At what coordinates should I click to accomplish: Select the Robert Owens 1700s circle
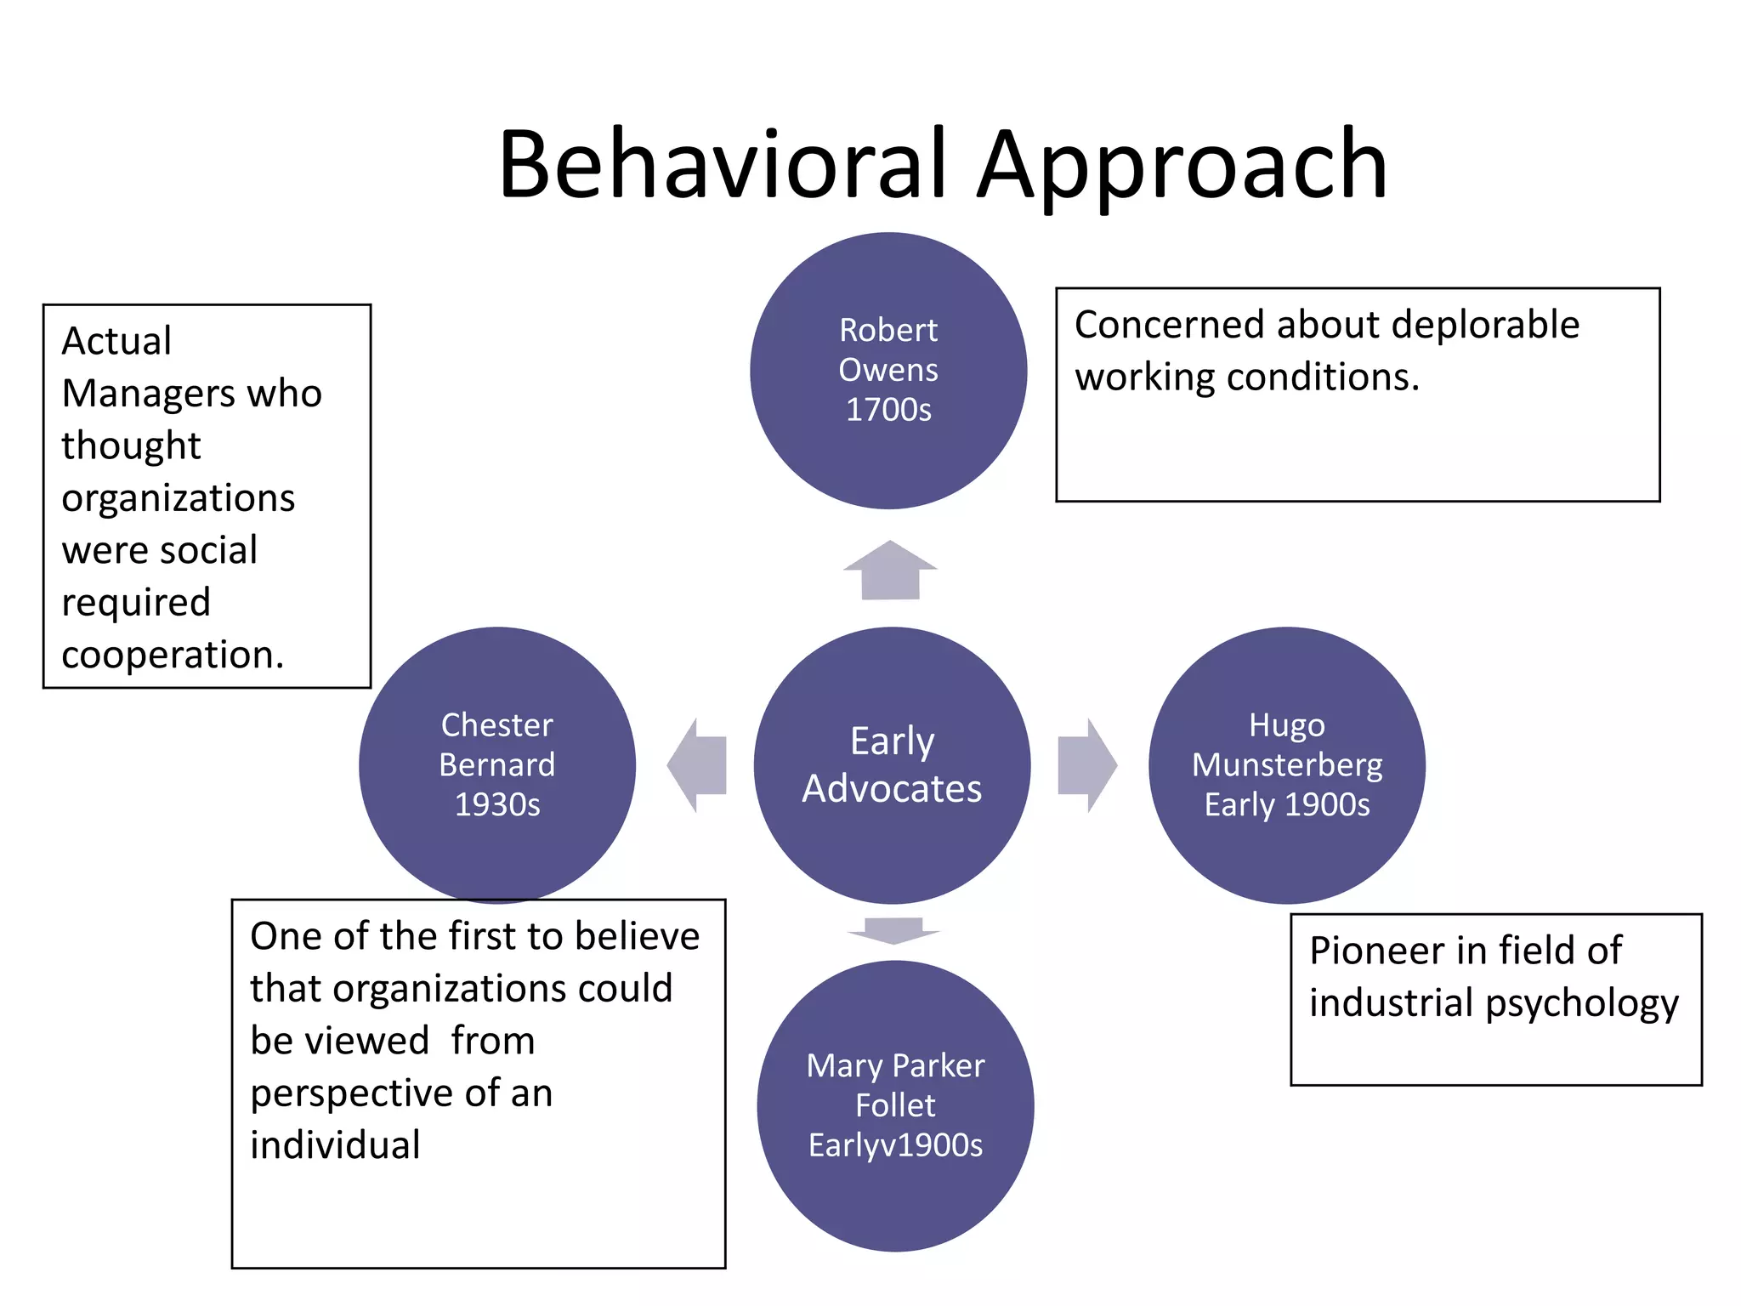click(888, 371)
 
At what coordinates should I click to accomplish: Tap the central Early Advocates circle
click(892, 764)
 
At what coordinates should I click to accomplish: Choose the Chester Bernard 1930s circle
click(497, 764)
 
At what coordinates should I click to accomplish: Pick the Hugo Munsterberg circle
click(1286, 764)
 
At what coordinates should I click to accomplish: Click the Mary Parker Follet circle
click(895, 1105)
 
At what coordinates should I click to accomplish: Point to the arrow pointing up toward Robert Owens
click(890, 571)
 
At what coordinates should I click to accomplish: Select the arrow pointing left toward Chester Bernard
click(698, 765)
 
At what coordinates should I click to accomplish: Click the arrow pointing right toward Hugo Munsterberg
click(1087, 765)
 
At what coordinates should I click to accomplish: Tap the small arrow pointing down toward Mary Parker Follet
click(893, 930)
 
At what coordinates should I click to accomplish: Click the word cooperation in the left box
click(172, 655)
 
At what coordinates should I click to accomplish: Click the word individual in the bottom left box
click(335, 1145)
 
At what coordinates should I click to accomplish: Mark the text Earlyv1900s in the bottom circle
click(895, 1145)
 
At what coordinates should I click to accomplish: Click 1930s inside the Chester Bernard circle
click(497, 804)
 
